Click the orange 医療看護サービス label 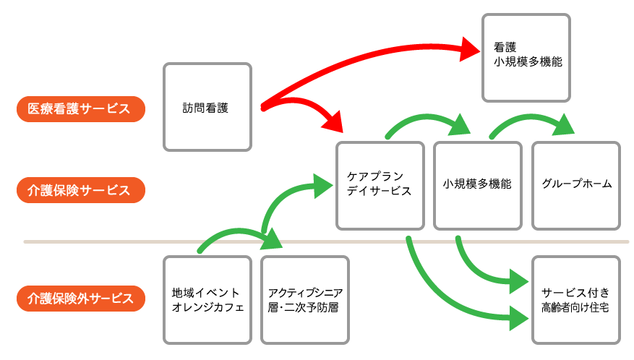(x=80, y=109)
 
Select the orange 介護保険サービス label (x=80, y=191)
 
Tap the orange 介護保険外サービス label (x=80, y=299)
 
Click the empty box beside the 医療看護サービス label (x=207, y=107)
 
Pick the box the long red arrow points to (x=526, y=58)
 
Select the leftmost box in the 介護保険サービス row (x=380, y=186)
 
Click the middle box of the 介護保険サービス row (x=477, y=186)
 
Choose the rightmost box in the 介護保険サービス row (x=575, y=186)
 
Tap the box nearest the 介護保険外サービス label (x=207, y=300)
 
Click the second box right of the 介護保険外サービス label (x=305, y=300)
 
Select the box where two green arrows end (x=575, y=300)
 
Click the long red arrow (x=361, y=61)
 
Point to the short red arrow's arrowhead (x=333, y=121)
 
